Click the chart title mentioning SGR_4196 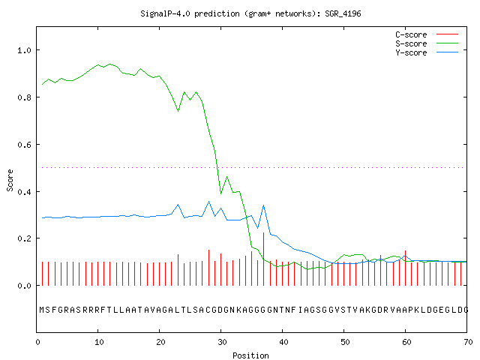click(x=250, y=13)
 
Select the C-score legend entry click(x=427, y=34)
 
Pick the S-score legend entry click(x=427, y=43)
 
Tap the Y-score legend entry click(x=427, y=52)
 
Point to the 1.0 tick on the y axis click(x=25, y=50)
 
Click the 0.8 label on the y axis click(x=25, y=97)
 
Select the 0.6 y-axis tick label click(x=25, y=145)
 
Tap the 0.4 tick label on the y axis click(x=25, y=192)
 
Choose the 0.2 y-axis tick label click(x=25, y=238)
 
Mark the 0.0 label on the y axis click(x=25, y=286)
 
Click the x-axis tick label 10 click(x=99, y=342)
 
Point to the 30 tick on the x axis click(x=222, y=342)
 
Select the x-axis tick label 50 click(x=345, y=342)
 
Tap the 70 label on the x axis click(x=468, y=342)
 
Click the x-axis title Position click(x=250, y=355)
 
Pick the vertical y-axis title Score click(x=10, y=180)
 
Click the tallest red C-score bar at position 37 click(x=263, y=259)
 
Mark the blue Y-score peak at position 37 click(x=263, y=205)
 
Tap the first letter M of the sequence click(x=42, y=310)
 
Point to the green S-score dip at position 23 click(x=178, y=111)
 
